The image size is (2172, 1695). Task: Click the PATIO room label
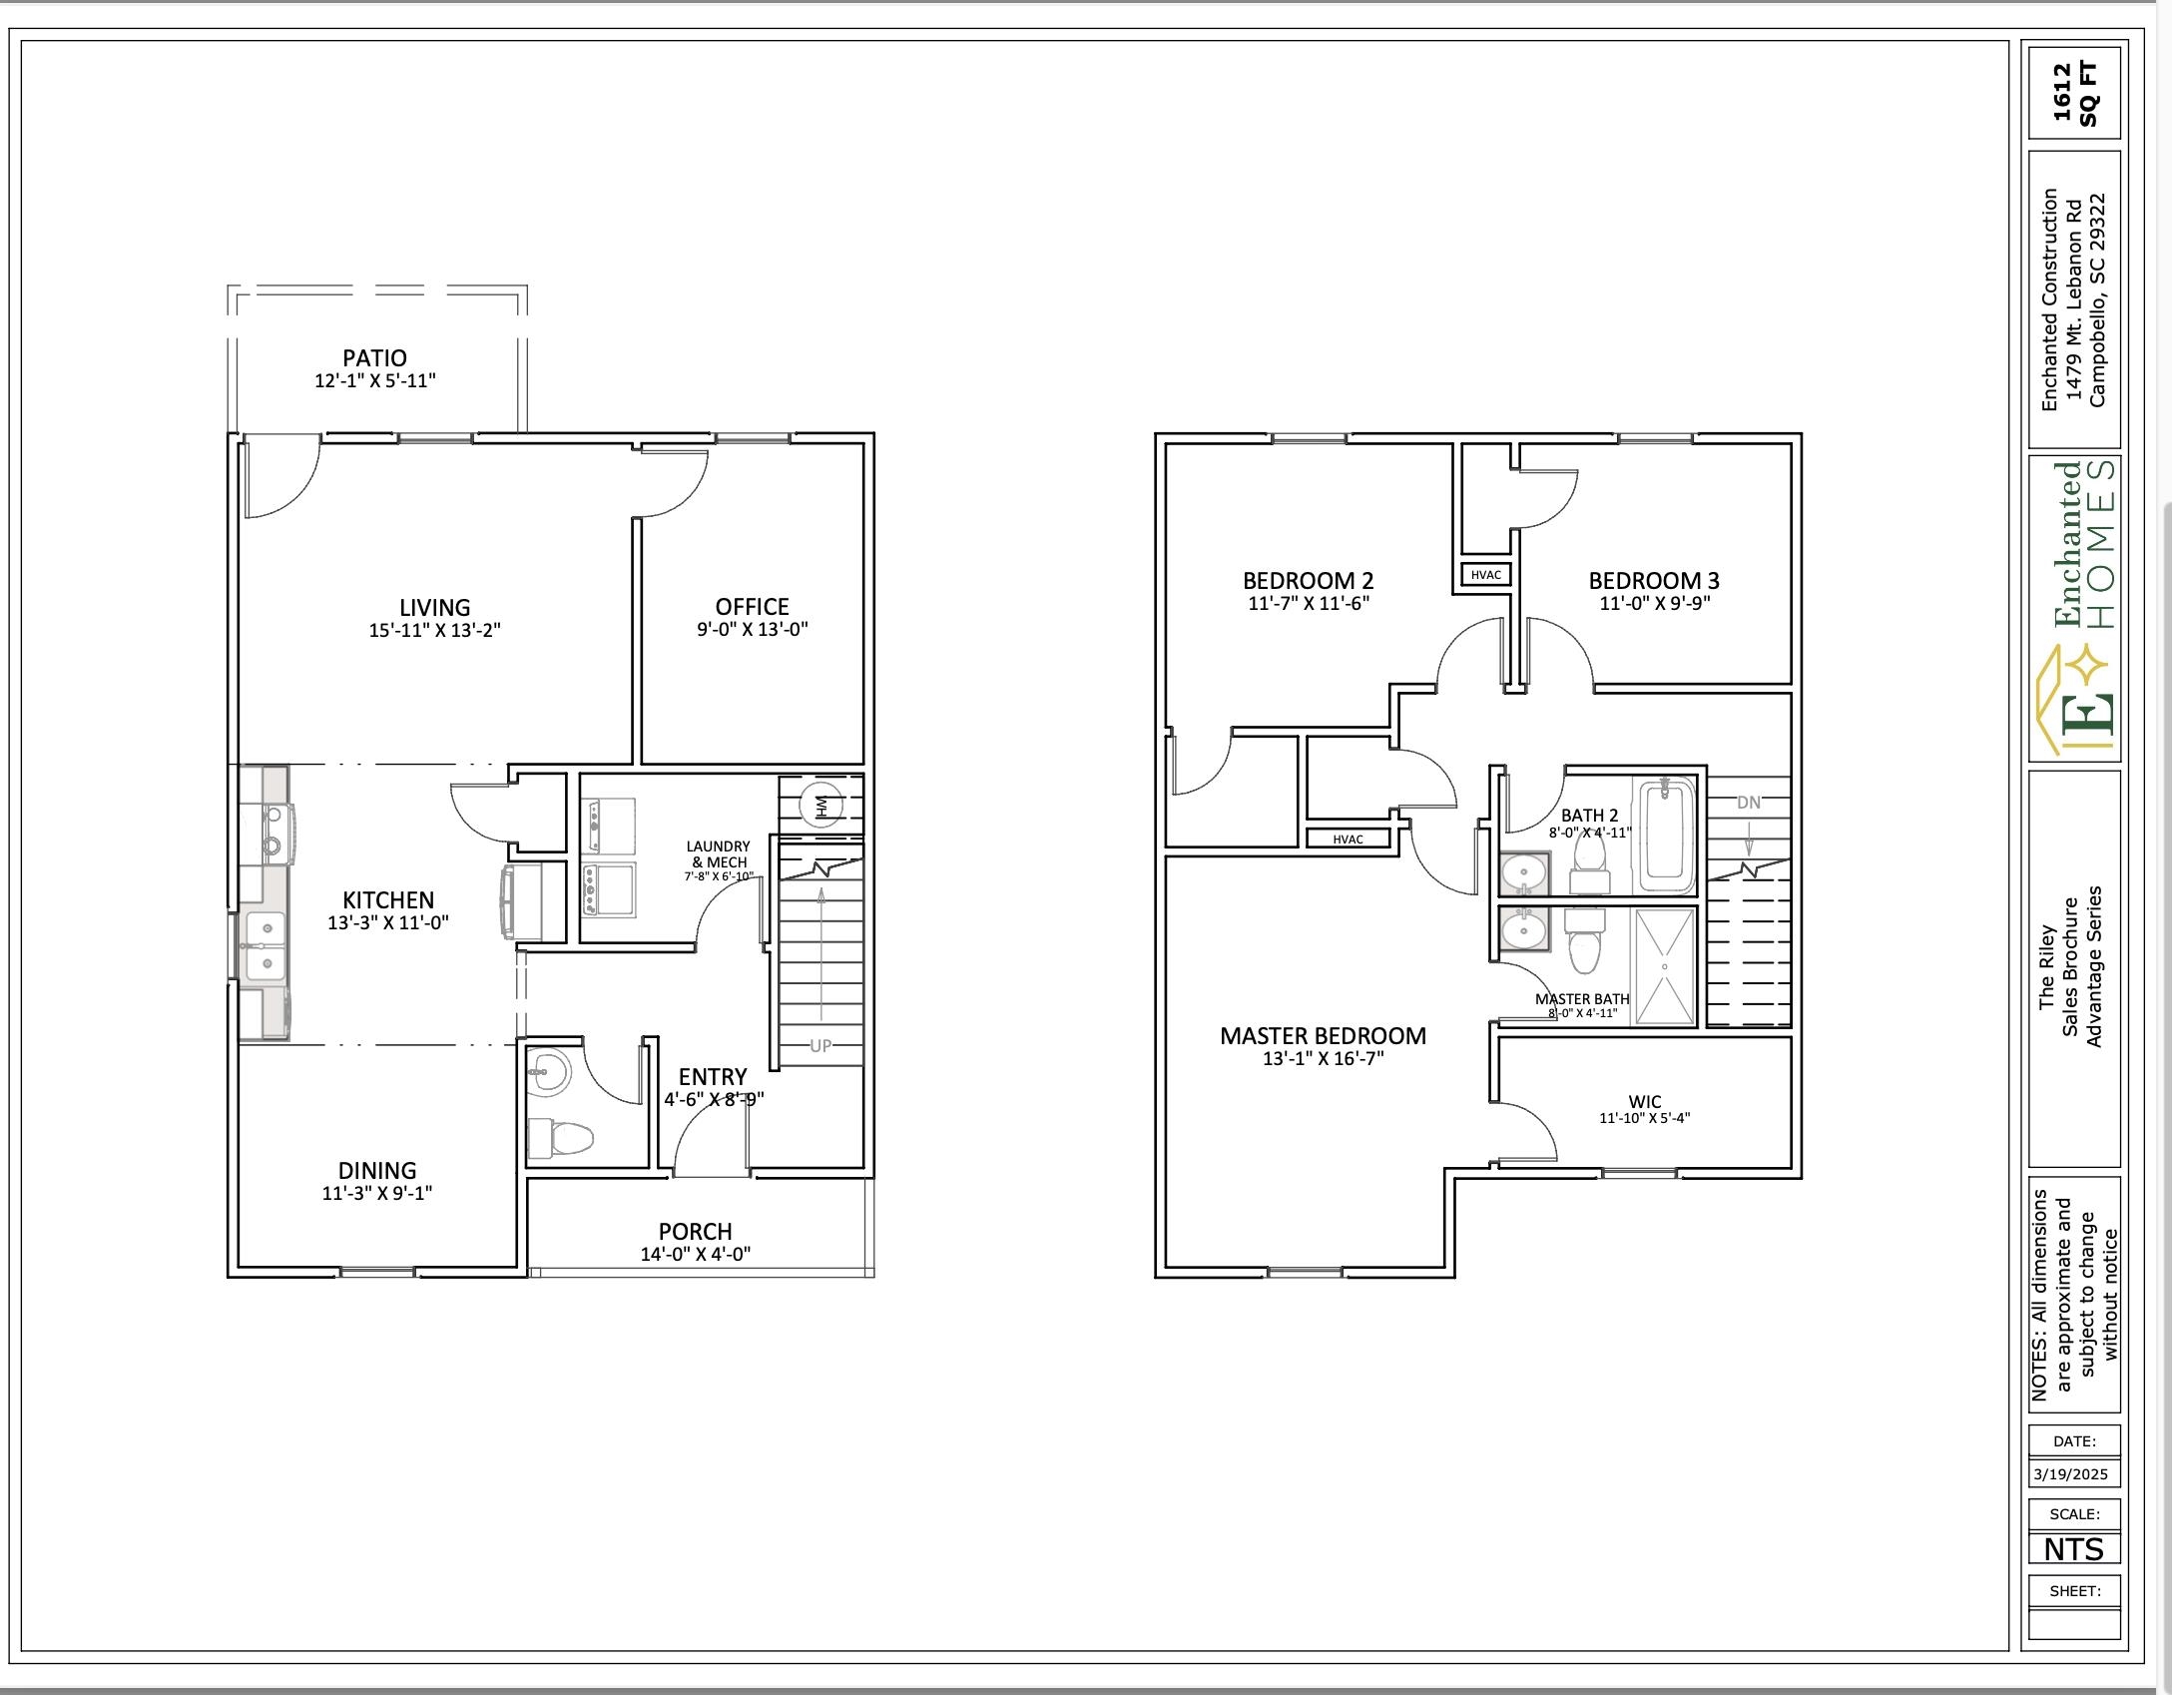[374, 357]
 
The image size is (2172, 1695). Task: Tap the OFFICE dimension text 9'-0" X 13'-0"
[752, 630]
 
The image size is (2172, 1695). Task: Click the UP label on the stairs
[819, 1045]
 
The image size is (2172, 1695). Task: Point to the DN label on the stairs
[1748, 802]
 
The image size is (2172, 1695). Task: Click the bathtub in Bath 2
[1668, 837]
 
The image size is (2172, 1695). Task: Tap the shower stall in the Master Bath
[1663, 966]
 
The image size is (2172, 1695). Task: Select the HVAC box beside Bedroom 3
[1485, 575]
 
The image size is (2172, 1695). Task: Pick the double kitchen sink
[264, 945]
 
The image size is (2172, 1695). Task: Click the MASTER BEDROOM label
[1323, 1036]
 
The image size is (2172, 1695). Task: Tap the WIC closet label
[1644, 1102]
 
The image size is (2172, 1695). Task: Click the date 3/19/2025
[2070, 1473]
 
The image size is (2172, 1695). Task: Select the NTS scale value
[2072, 1548]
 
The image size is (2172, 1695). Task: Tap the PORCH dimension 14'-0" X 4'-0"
[695, 1254]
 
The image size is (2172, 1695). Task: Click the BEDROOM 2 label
[1308, 580]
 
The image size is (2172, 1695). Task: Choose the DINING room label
[376, 1170]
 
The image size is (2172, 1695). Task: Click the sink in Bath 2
[1524, 874]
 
